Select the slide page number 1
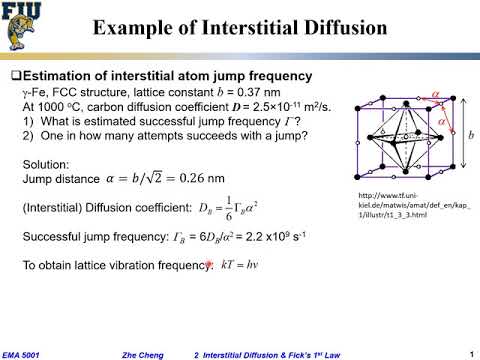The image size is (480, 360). click(x=470, y=352)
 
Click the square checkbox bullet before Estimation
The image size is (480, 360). click(x=15, y=76)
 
